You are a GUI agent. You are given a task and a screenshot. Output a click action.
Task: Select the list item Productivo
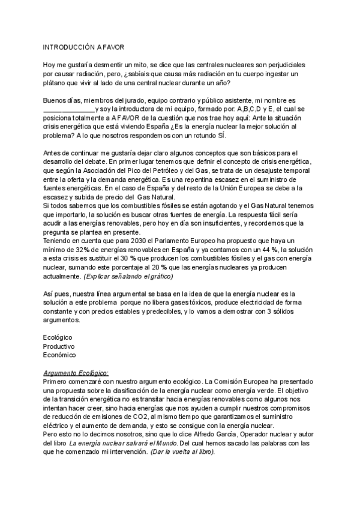[x=59, y=346]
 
